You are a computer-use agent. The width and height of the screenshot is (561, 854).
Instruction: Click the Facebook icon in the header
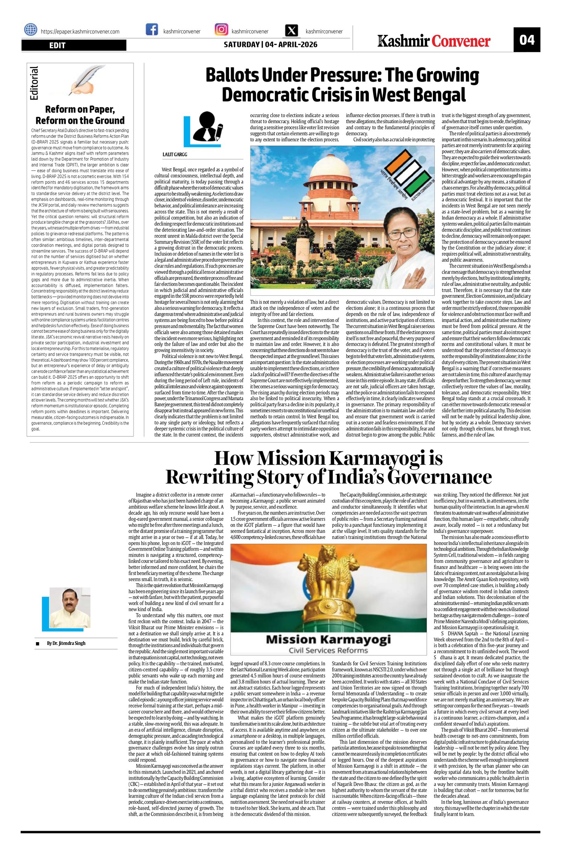click(152, 29)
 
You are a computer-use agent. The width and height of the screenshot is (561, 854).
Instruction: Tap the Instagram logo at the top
click(221, 29)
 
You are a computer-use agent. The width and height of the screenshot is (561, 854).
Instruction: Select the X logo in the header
click(291, 30)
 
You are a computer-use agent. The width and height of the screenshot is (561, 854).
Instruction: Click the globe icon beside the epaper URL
click(31, 30)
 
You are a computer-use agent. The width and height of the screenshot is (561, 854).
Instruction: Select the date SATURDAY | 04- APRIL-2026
click(270, 45)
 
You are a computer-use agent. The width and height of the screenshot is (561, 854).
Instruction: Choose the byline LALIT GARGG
click(175, 154)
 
